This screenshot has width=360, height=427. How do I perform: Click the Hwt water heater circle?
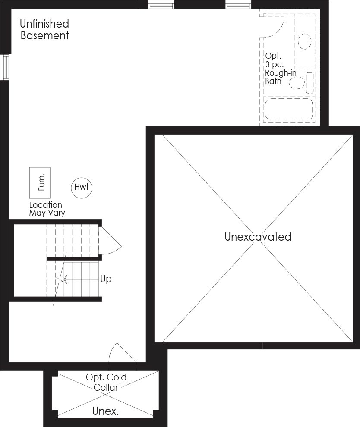(x=82, y=187)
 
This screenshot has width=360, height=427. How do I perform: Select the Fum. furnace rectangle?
(x=40, y=183)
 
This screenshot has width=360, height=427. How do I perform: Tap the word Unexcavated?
(x=258, y=237)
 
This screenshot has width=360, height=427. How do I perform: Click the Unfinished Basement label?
(x=45, y=30)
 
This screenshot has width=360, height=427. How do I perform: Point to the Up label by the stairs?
(x=106, y=279)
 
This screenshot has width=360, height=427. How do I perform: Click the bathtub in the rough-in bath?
(x=289, y=109)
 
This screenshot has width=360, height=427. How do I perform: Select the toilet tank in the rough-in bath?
(x=309, y=83)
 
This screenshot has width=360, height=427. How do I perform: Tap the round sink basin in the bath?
(x=304, y=41)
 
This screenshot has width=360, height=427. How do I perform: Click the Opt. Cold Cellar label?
(x=106, y=382)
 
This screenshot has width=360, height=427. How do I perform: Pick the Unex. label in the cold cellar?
(x=105, y=411)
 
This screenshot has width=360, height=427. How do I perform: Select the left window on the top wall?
(x=161, y=4)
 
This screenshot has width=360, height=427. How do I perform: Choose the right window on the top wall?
(x=238, y=4)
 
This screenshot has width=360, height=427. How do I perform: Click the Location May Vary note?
(x=47, y=209)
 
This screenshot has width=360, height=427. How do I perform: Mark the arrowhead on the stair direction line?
(x=66, y=279)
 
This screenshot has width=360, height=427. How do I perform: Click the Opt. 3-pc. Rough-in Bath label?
(x=281, y=68)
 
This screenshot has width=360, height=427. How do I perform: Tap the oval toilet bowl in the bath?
(x=297, y=83)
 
